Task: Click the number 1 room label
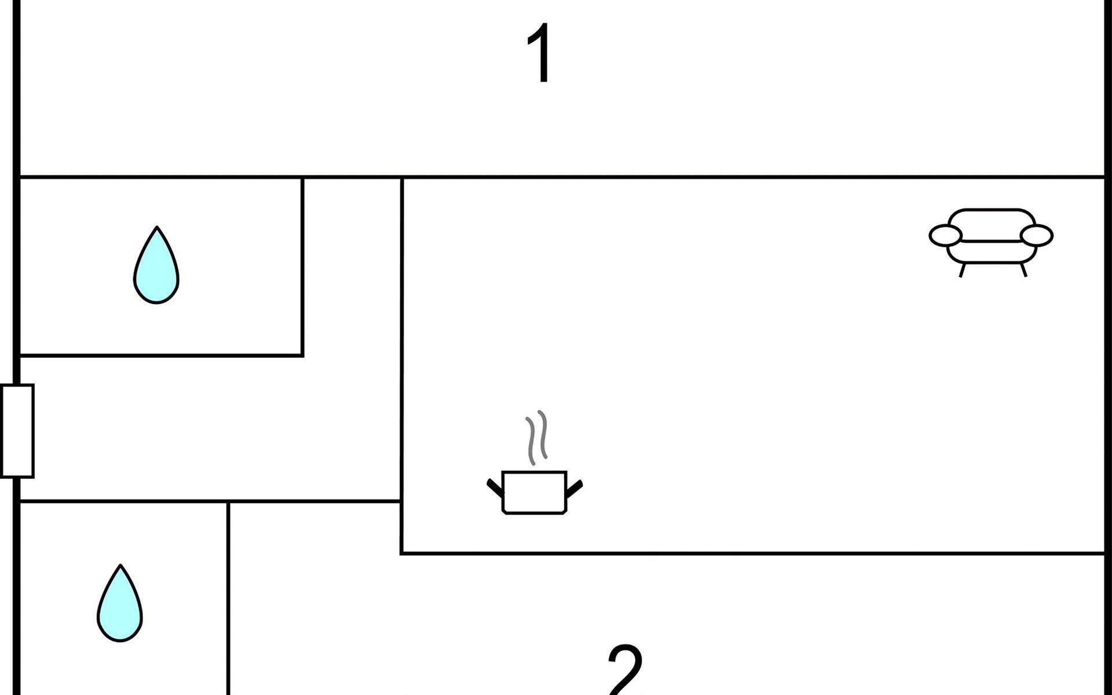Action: [540, 53]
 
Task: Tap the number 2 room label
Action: [625, 669]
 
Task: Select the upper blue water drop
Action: [156, 269]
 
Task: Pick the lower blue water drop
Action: [120, 607]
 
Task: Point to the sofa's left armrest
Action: [945, 236]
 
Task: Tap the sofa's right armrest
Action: [1037, 236]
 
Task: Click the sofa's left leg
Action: [962, 270]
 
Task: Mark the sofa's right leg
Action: [1023, 270]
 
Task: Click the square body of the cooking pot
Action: [534, 492]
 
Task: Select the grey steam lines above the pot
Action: [536, 437]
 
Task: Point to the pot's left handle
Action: [495, 488]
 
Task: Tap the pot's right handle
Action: [574, 488]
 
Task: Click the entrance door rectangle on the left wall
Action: [17, 431]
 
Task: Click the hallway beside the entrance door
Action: [203, 429]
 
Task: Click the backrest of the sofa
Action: [991, 223]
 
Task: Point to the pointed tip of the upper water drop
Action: [156, 228]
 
